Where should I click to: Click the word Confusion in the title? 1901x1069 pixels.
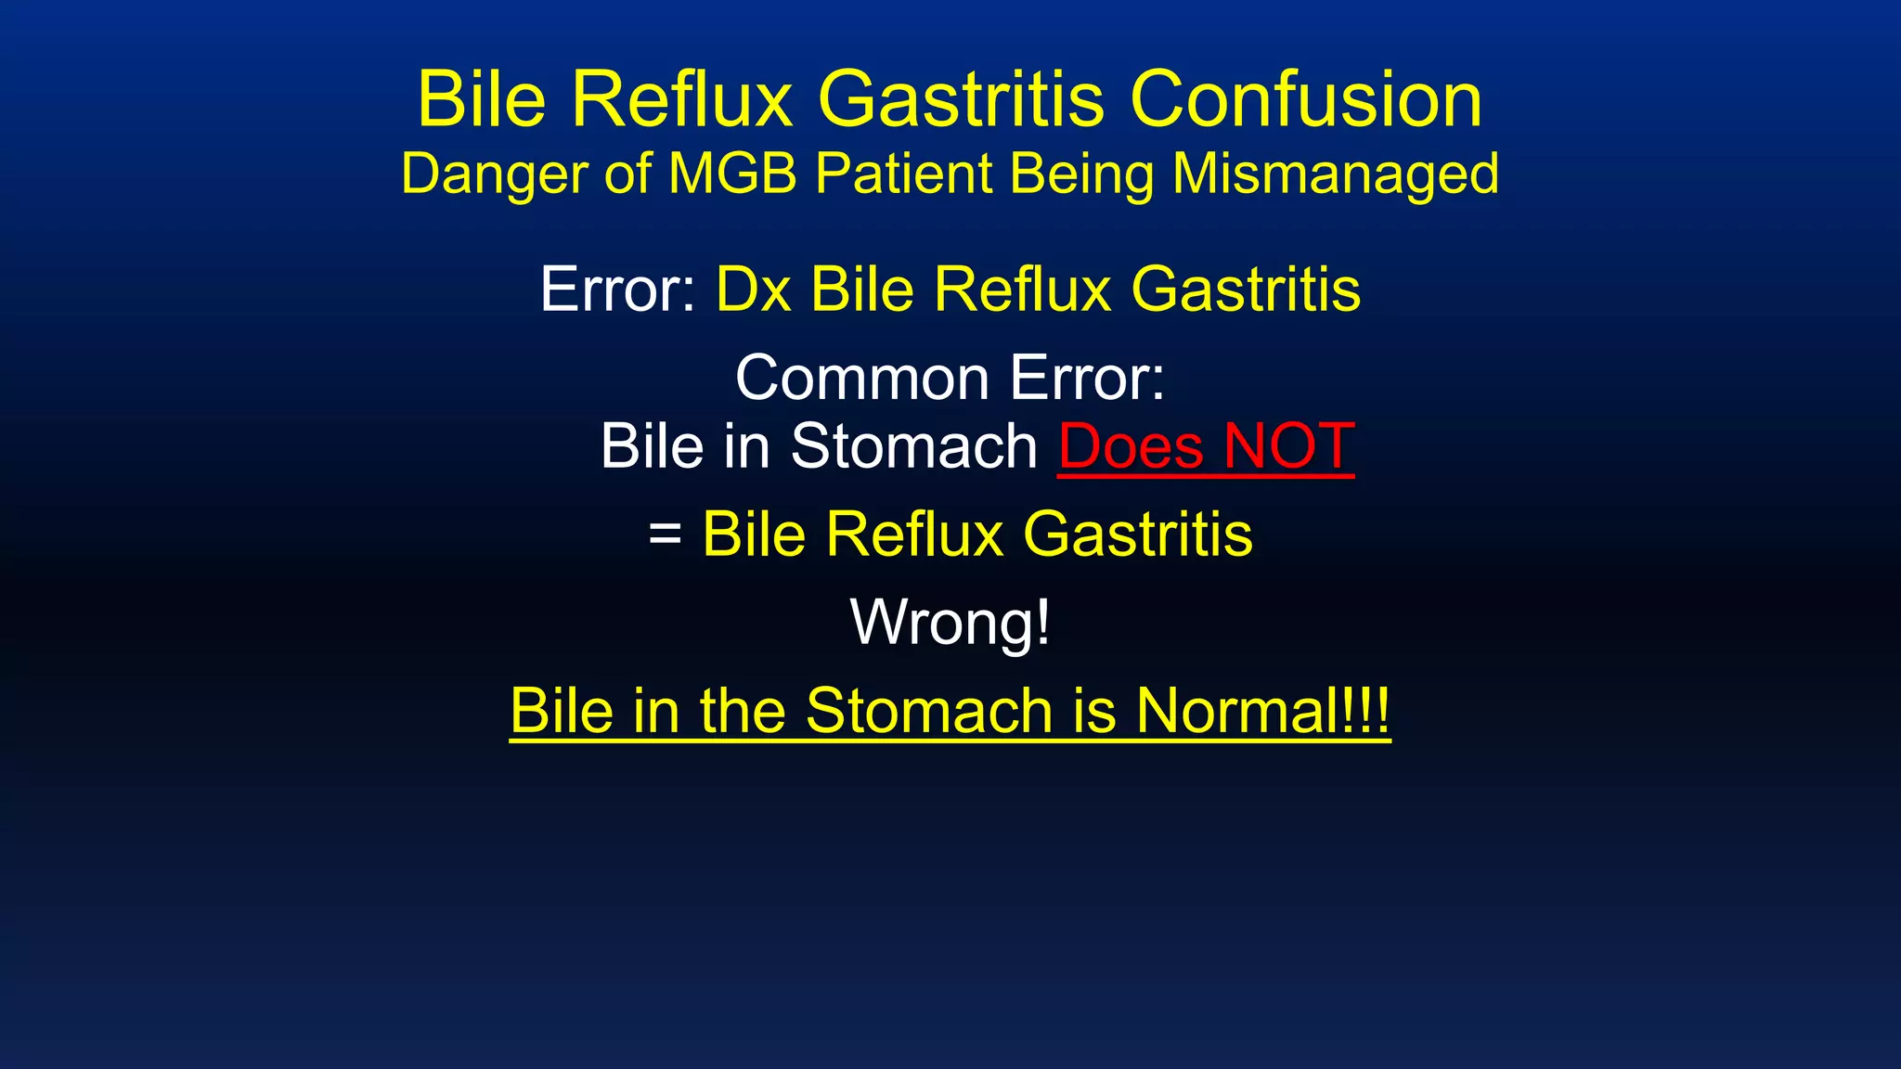click(1306, 99)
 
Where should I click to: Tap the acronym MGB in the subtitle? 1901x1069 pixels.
click(732, 174)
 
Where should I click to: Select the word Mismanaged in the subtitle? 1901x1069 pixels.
click(1335, 174)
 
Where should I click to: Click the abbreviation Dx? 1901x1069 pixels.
click(754, 290)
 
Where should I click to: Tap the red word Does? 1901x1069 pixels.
click(1131, 447)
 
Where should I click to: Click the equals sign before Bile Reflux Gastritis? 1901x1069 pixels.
click(665, 534)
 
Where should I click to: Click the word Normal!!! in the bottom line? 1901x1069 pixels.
click(1262, 711)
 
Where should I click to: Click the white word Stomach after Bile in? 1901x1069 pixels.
click(913, 447)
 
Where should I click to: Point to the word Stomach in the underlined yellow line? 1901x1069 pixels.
click(930, 711)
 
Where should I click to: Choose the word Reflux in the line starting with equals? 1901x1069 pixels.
click(914, 534)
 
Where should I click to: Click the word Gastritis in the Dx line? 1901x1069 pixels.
click(1246, 290)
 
